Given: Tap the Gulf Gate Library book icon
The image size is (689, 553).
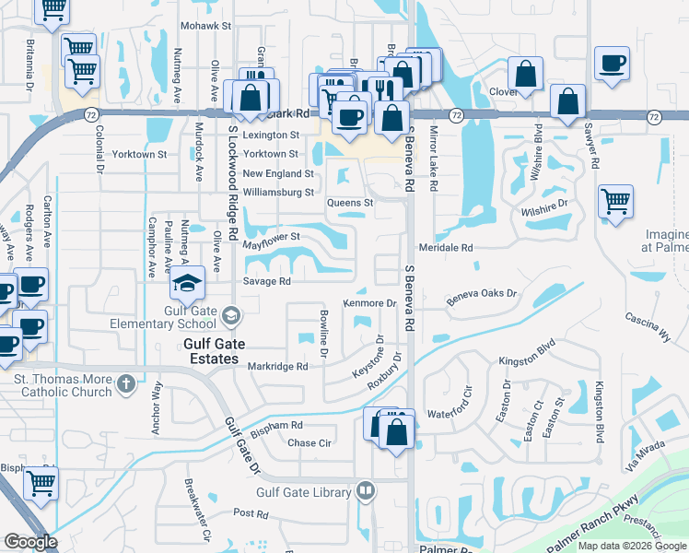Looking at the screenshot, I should pyautogui.click(x=366, y=491).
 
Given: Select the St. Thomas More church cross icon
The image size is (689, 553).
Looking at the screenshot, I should pyautogui.click(x=126, y=382).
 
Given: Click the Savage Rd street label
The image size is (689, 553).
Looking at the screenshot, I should pyautogui.click(x=267, y=281).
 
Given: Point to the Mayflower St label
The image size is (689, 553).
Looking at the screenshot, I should pyautogui.click(x=272, y=238).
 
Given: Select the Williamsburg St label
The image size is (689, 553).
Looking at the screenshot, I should pyautogui.click(x=278, y=193).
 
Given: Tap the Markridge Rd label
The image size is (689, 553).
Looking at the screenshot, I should pyautogui.click(x=277, y=366).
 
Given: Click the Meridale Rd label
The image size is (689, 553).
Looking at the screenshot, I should pyautogui.click(x=445, y=248).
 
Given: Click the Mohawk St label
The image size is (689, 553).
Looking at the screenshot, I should pyautogui.click(x=204, y=25).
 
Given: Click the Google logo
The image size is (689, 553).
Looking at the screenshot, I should pyautogui.click(x=30, y=542).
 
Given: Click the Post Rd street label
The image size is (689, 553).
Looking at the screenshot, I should pyautogui.click(x=249, y=512).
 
